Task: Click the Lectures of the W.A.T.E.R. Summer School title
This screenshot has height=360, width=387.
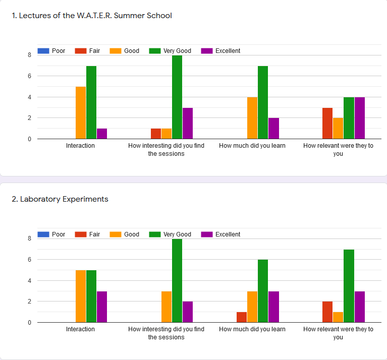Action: click(92, 16)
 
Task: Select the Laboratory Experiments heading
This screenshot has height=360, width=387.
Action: click(60, 199)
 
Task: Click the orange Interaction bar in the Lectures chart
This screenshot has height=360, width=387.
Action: click(81, 113)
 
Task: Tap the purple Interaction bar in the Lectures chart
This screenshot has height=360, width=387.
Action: click(102, 134)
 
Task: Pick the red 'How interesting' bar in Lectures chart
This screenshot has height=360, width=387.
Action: click(156, 134)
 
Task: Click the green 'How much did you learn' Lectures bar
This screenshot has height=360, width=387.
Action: click(263, 102)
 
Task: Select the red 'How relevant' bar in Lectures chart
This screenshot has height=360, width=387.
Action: click(327, 124)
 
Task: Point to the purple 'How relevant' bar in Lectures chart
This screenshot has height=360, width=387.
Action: click(360, 118)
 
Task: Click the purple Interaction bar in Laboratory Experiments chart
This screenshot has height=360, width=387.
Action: click(102, 307)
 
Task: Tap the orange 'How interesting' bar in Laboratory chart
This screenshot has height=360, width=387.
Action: click(167, 307)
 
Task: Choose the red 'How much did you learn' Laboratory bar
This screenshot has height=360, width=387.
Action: click(242, 317)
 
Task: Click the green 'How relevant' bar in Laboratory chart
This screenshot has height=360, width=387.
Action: click(349, 286)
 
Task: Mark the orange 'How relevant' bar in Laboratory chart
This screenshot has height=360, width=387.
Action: click(338, 317)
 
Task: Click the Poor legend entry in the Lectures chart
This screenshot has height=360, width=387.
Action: click(52, 51)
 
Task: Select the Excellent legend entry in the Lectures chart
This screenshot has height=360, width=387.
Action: click(221, 51)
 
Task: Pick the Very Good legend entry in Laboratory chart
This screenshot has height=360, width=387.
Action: click(171, 234)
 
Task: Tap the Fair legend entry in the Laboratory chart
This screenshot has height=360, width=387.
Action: click(88, 234)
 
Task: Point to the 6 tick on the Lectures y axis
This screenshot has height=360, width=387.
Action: click(30, 76)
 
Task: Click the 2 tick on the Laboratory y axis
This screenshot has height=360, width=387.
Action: click(30, 302)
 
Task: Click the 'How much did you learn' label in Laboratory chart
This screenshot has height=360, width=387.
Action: click(252, 329)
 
